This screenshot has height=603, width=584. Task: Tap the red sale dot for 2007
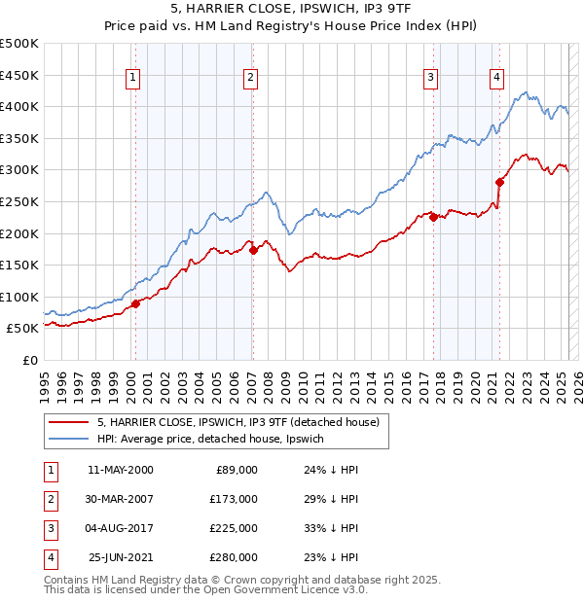253,250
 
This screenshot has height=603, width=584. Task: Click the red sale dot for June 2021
499,182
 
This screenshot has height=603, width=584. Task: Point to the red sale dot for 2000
135,303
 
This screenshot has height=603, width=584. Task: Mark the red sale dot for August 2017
433,217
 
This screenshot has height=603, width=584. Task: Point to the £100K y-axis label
19,297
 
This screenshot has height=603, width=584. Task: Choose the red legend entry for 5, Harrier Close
243,422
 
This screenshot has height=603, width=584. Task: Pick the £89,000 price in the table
236,470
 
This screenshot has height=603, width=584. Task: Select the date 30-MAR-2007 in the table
121,499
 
